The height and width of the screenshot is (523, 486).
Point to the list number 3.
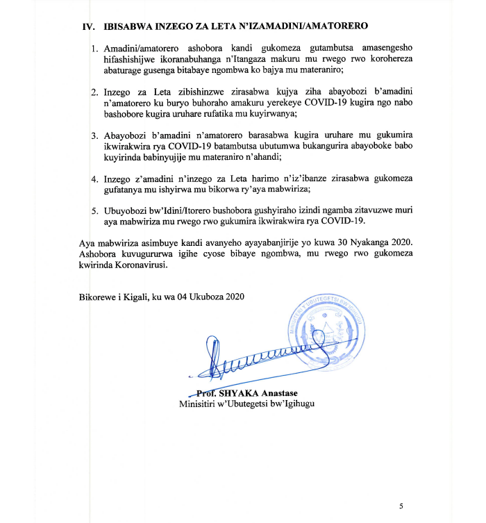tap(94, 134)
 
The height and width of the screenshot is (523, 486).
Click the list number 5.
tap(94, 210)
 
